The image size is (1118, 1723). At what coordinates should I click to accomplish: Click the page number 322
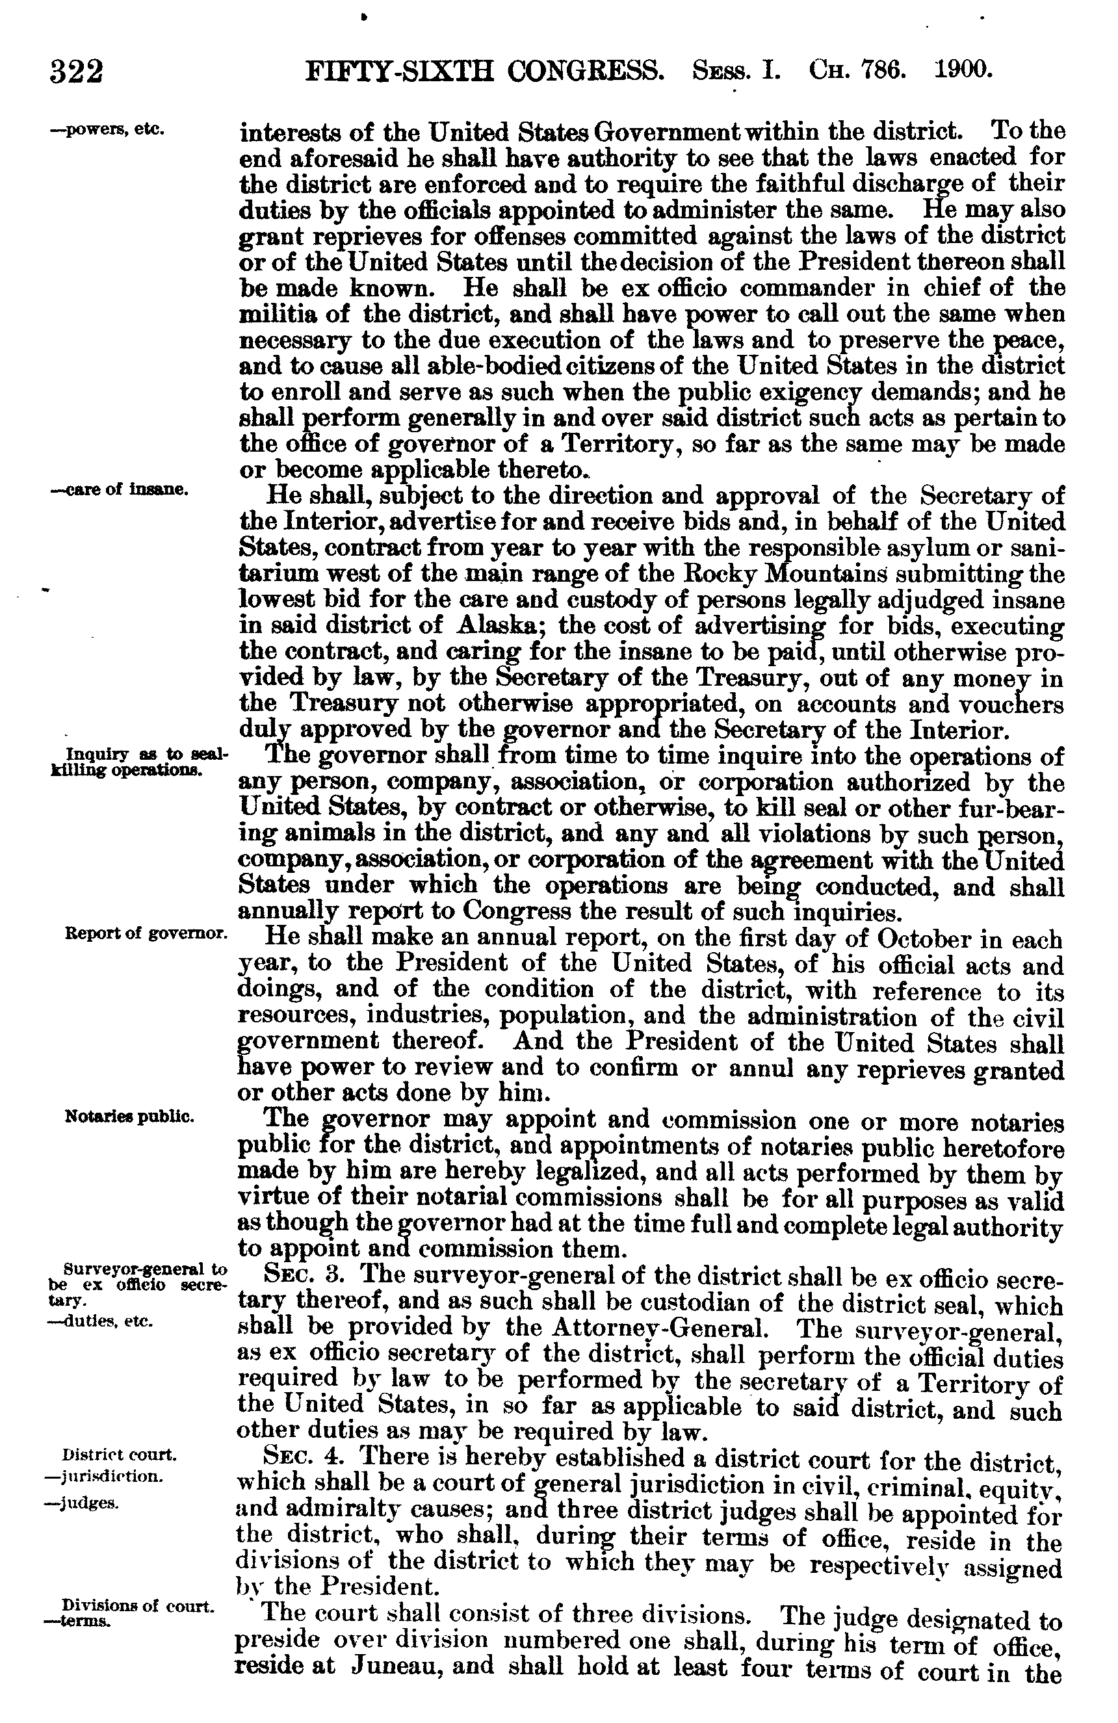[77, 71]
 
